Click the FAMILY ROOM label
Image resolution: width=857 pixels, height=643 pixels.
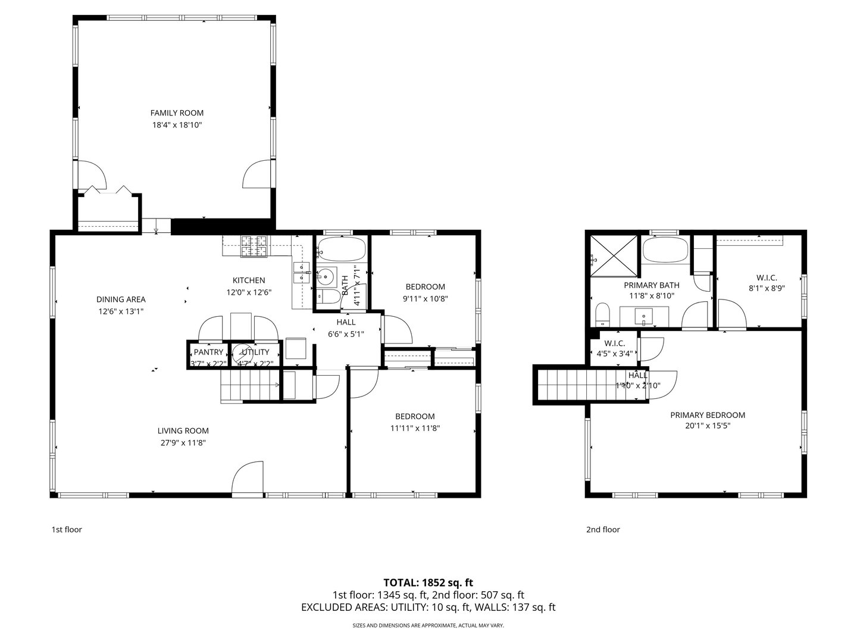(x=177, y=113)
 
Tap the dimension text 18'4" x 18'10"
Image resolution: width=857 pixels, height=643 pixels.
(x=177, y=125)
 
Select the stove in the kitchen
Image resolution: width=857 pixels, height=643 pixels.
(x=254, y=246)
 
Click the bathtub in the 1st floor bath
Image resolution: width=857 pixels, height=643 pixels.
(x=341, y=249)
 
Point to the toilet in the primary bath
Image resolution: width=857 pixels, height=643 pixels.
(x=603, y=314)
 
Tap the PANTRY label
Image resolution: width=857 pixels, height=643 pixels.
(x=208, y=352)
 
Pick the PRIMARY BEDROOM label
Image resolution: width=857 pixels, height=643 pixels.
(x=708, y=415)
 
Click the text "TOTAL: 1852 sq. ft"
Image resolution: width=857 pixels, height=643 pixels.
(x=428, y=582)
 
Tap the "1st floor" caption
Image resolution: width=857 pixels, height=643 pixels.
(x=67, y=529)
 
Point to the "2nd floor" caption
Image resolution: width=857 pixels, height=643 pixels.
(x=603, y=529)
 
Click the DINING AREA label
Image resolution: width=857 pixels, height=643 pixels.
(x=121, y=299)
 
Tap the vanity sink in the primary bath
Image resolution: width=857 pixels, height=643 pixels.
(x=644, y=315)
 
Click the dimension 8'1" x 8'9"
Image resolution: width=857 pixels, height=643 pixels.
(x=767, y=290)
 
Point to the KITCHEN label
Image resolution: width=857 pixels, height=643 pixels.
(x=249, y=280)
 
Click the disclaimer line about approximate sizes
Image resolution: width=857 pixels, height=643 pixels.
(x=428, y=626)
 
